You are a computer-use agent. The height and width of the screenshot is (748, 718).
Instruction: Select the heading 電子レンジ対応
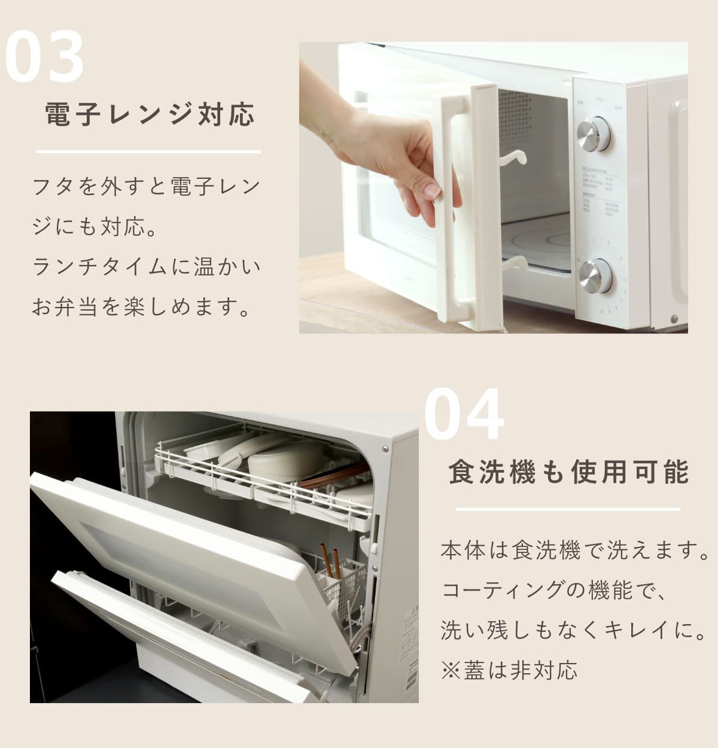coord(150,114)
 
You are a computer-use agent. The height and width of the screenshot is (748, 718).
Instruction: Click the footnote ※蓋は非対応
coord(509,670)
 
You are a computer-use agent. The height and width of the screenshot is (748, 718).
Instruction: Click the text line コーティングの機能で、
coord(553,590)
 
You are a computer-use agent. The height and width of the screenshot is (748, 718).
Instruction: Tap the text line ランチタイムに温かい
coord(147,267)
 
